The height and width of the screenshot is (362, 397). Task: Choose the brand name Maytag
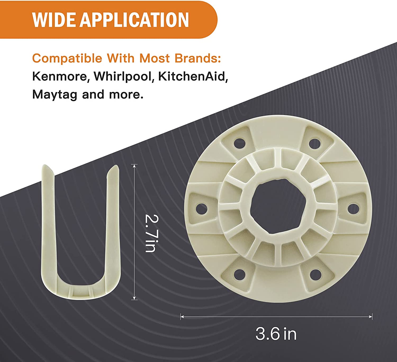coord(55,95)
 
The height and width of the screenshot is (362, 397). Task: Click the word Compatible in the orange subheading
coord(67,58)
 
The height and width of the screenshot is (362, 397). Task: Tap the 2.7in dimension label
coord(152,233)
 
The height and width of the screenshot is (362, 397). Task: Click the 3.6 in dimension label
coord(276,334)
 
